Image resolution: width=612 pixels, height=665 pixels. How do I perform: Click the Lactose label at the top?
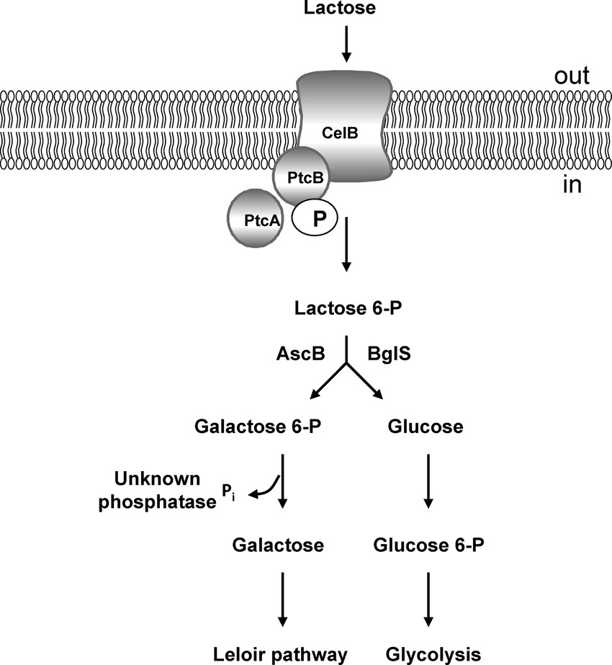click(x=346, y=9)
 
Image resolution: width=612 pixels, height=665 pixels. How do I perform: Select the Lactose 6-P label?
click(x=346, y=308)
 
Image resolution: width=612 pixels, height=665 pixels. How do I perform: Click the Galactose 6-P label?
click(x=257, y=427)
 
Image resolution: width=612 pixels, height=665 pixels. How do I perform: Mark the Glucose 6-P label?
click(x=429, y=544)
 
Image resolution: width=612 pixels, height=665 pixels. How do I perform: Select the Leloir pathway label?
click(x=282, y=653)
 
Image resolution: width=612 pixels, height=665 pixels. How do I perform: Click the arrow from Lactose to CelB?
click(x=346, y=44)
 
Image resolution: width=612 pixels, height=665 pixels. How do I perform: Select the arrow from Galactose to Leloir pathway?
click(x=282, y=597)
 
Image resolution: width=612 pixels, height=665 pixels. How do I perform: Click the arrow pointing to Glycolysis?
click(x=428, y=597)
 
